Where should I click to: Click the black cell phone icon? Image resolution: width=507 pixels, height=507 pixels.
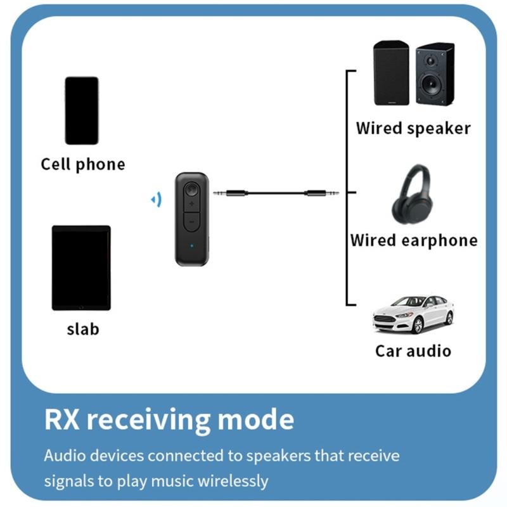pyautogui.click(x=82, y=110)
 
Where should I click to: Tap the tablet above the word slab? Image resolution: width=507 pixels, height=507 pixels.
pyautogui.click(x=81, y=267)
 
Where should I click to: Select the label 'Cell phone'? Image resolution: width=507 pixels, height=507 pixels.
pyautogui.click(x=83, y=165)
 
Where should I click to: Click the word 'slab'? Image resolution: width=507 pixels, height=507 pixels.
pyautogui.click(x=83, y=329)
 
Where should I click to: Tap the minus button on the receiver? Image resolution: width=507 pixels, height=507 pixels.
pyautogui.click(x=190, y=223)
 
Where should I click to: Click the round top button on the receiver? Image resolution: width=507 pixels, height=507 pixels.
pyautogui.click(x=191, y=189)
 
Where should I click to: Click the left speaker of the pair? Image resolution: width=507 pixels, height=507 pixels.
pyautogui.click(x=391, y=73)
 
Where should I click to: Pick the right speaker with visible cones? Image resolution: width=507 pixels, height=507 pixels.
pyautogui.click(x=435, y=74)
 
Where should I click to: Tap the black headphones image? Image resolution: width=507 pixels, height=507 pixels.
pyautogui.click(x=412, y=195)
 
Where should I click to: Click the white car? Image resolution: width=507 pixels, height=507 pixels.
pyautogui.click(x=413, y=315)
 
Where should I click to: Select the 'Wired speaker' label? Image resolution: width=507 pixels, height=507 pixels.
pyautogui.click(x=413, y=128)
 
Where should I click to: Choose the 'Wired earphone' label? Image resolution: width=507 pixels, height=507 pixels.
pyautogui.click(x=414, y=241)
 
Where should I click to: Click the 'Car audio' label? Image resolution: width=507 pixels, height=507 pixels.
pyautogui.click(x=413, y=350)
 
